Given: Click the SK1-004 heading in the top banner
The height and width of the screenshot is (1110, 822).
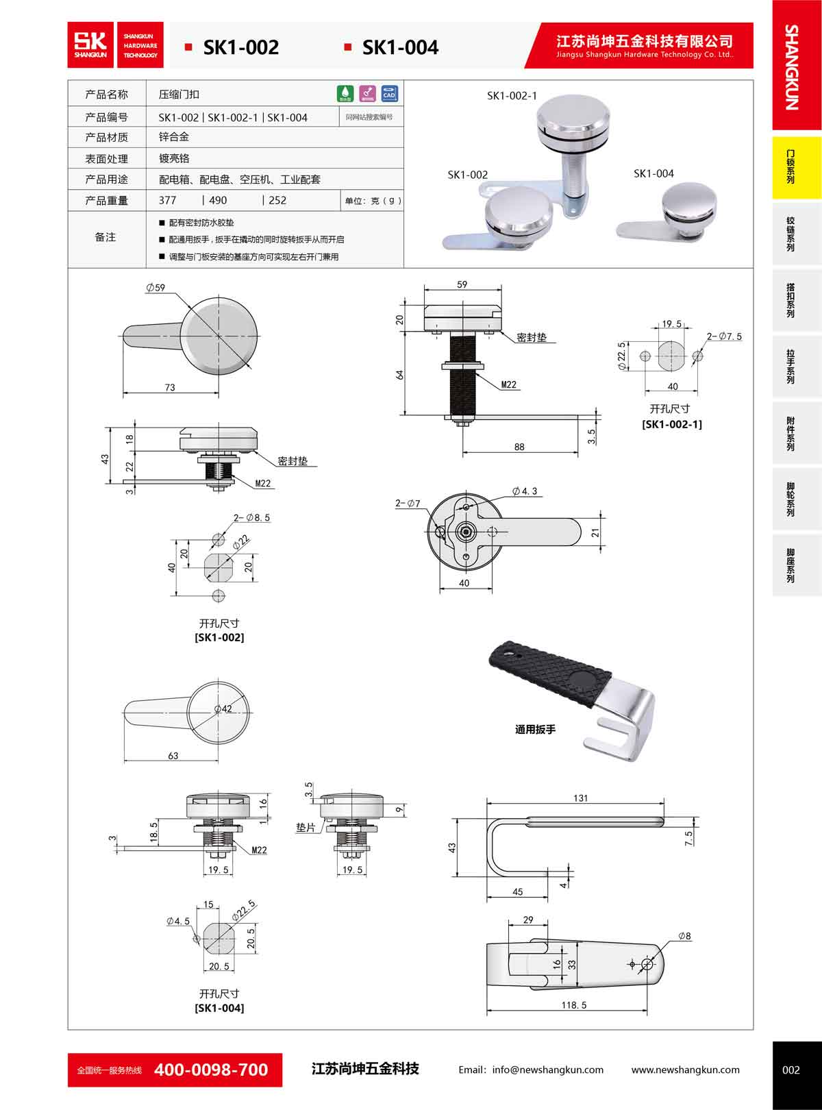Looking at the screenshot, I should coord(400,47).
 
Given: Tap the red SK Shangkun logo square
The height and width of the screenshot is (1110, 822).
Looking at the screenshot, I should coord(91,45).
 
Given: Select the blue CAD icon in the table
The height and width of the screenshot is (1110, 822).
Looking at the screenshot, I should coord(389,94).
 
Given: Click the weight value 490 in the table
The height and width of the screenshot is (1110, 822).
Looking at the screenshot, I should coord(218,201).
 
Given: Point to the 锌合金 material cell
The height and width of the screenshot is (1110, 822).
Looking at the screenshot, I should coord(174,137).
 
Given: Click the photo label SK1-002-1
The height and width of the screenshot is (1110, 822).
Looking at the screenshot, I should coord(512,96).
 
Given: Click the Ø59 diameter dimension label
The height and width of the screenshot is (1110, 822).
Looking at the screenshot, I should coord(155,288).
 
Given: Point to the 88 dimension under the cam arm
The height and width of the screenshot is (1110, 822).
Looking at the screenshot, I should coord(519,447).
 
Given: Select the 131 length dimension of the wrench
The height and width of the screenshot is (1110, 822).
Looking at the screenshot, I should coord(580,798).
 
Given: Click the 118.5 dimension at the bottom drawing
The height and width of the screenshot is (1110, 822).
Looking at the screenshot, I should coord(573,1005).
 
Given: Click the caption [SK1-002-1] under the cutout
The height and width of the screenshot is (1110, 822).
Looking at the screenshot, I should coord(671,424).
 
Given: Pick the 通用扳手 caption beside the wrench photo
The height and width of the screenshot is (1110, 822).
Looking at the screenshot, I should coord(535,730).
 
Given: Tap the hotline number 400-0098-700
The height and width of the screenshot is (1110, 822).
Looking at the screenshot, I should coord(211,1070).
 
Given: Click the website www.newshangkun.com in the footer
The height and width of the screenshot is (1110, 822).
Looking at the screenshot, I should coord(685,1070).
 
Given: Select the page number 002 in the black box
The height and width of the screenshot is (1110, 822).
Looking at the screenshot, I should coord(790,1070).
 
